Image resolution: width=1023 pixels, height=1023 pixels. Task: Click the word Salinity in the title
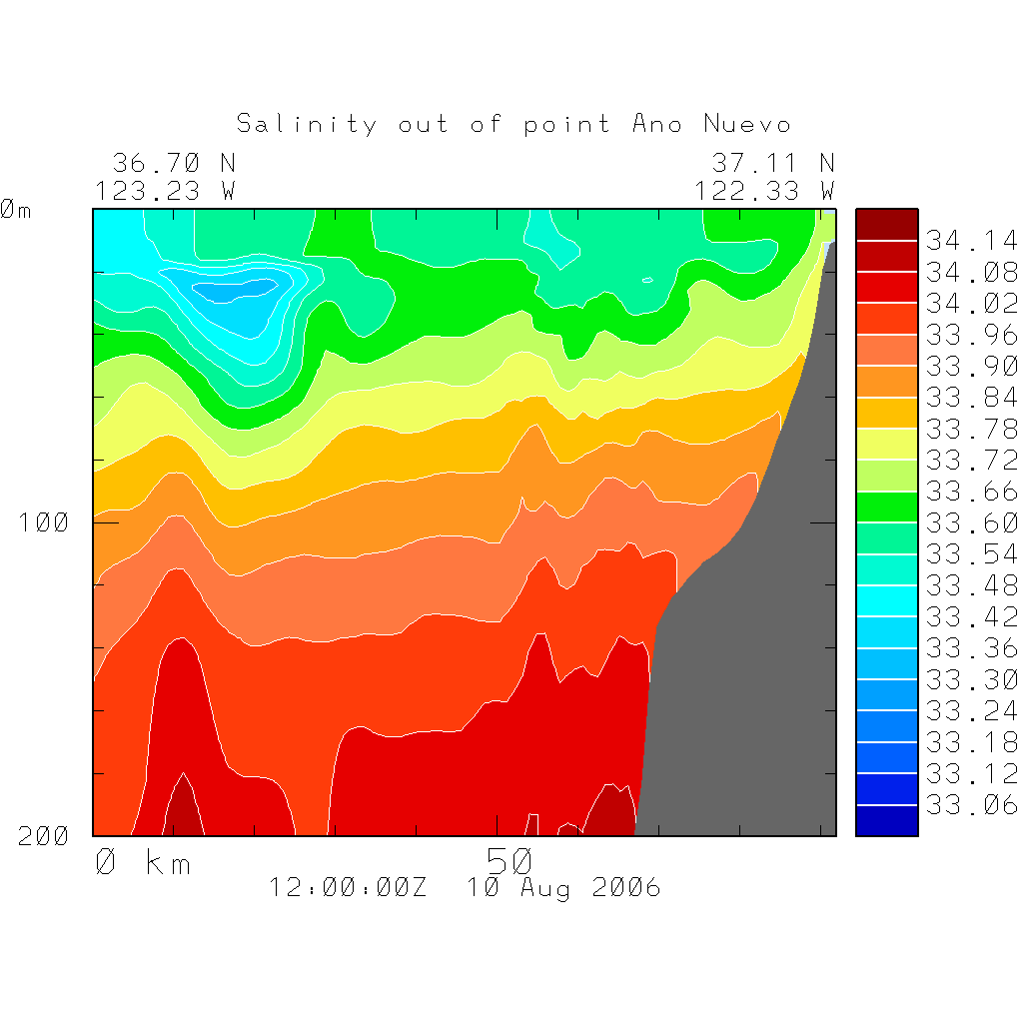307,124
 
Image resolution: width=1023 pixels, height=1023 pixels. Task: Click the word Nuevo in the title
747,124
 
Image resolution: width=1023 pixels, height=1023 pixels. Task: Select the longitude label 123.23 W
166,190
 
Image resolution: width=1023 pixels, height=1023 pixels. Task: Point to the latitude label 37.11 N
773,163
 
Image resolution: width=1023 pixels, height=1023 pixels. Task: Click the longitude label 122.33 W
765,190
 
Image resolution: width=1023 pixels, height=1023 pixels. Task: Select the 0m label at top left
15,211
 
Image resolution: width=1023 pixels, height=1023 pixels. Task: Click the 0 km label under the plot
142,862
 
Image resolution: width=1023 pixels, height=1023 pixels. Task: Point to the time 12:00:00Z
348,888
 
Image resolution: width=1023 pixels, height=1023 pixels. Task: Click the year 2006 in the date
626,888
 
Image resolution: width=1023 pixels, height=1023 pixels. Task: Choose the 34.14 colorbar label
971,241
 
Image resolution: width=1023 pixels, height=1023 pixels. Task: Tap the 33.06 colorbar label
971,805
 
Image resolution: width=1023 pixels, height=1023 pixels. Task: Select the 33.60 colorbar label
971,522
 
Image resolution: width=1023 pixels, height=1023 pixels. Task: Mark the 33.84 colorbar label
971,398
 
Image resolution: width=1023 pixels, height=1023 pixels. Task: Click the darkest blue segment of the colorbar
886,820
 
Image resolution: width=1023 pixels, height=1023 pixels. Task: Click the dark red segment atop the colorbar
886,225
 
